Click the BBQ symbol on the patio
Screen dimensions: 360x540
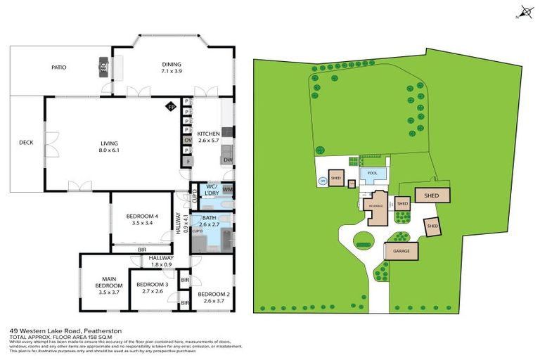104,67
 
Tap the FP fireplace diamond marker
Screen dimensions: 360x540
170,107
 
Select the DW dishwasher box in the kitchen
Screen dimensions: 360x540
227,160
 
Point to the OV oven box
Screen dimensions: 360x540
188,140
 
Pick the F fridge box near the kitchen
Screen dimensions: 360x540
188,162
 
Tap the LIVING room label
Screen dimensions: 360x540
109,146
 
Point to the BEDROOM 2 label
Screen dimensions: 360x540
211,297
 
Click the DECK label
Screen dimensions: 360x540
26,143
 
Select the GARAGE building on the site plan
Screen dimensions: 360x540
401,250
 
